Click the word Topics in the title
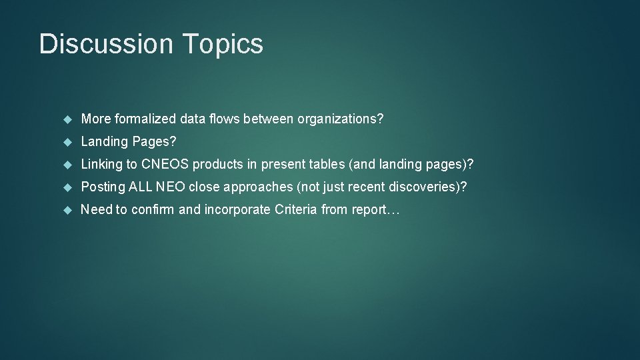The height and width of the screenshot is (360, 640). click(x=222, y=44)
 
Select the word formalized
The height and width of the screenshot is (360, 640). click(x=145, y=119)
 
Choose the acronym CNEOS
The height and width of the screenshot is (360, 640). click(x=165, y=165)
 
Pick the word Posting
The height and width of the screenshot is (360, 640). click(x=103, y=187)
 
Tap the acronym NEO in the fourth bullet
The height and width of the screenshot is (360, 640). click(x=171, y=187)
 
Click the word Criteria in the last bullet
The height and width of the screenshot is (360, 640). click(x=295, y=210)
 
